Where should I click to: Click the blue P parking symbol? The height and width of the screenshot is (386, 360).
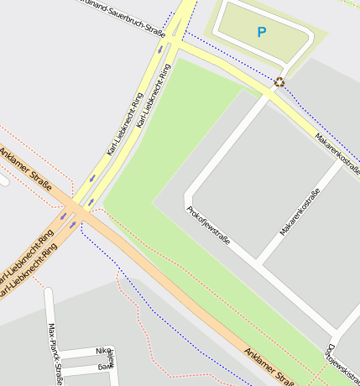pos(261,33)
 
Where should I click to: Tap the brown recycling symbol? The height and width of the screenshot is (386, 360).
pos(279,81)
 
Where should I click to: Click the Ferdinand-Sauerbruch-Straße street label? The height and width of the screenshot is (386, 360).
pos(126,16)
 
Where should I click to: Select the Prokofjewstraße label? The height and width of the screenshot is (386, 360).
pos(208,231)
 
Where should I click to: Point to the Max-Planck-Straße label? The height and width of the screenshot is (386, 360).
pos(55,353)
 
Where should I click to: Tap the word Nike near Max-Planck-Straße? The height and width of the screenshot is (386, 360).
pos(103,351)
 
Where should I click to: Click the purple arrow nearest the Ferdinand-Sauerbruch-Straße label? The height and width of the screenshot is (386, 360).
pos(159,49)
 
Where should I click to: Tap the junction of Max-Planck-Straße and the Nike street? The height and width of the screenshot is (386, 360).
pos(59,352)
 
